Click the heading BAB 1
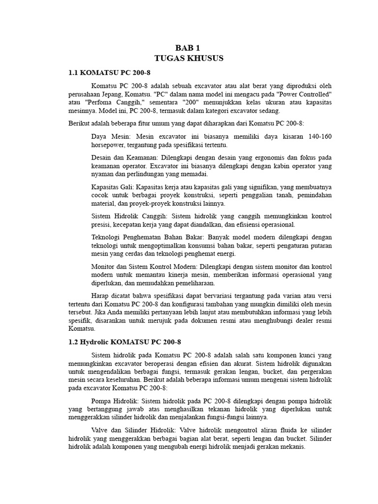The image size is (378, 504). click(189, 48)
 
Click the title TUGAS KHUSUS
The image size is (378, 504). click(189, 58)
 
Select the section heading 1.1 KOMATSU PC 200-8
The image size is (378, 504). click(102, 73)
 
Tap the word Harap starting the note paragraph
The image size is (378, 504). click(102, 295)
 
